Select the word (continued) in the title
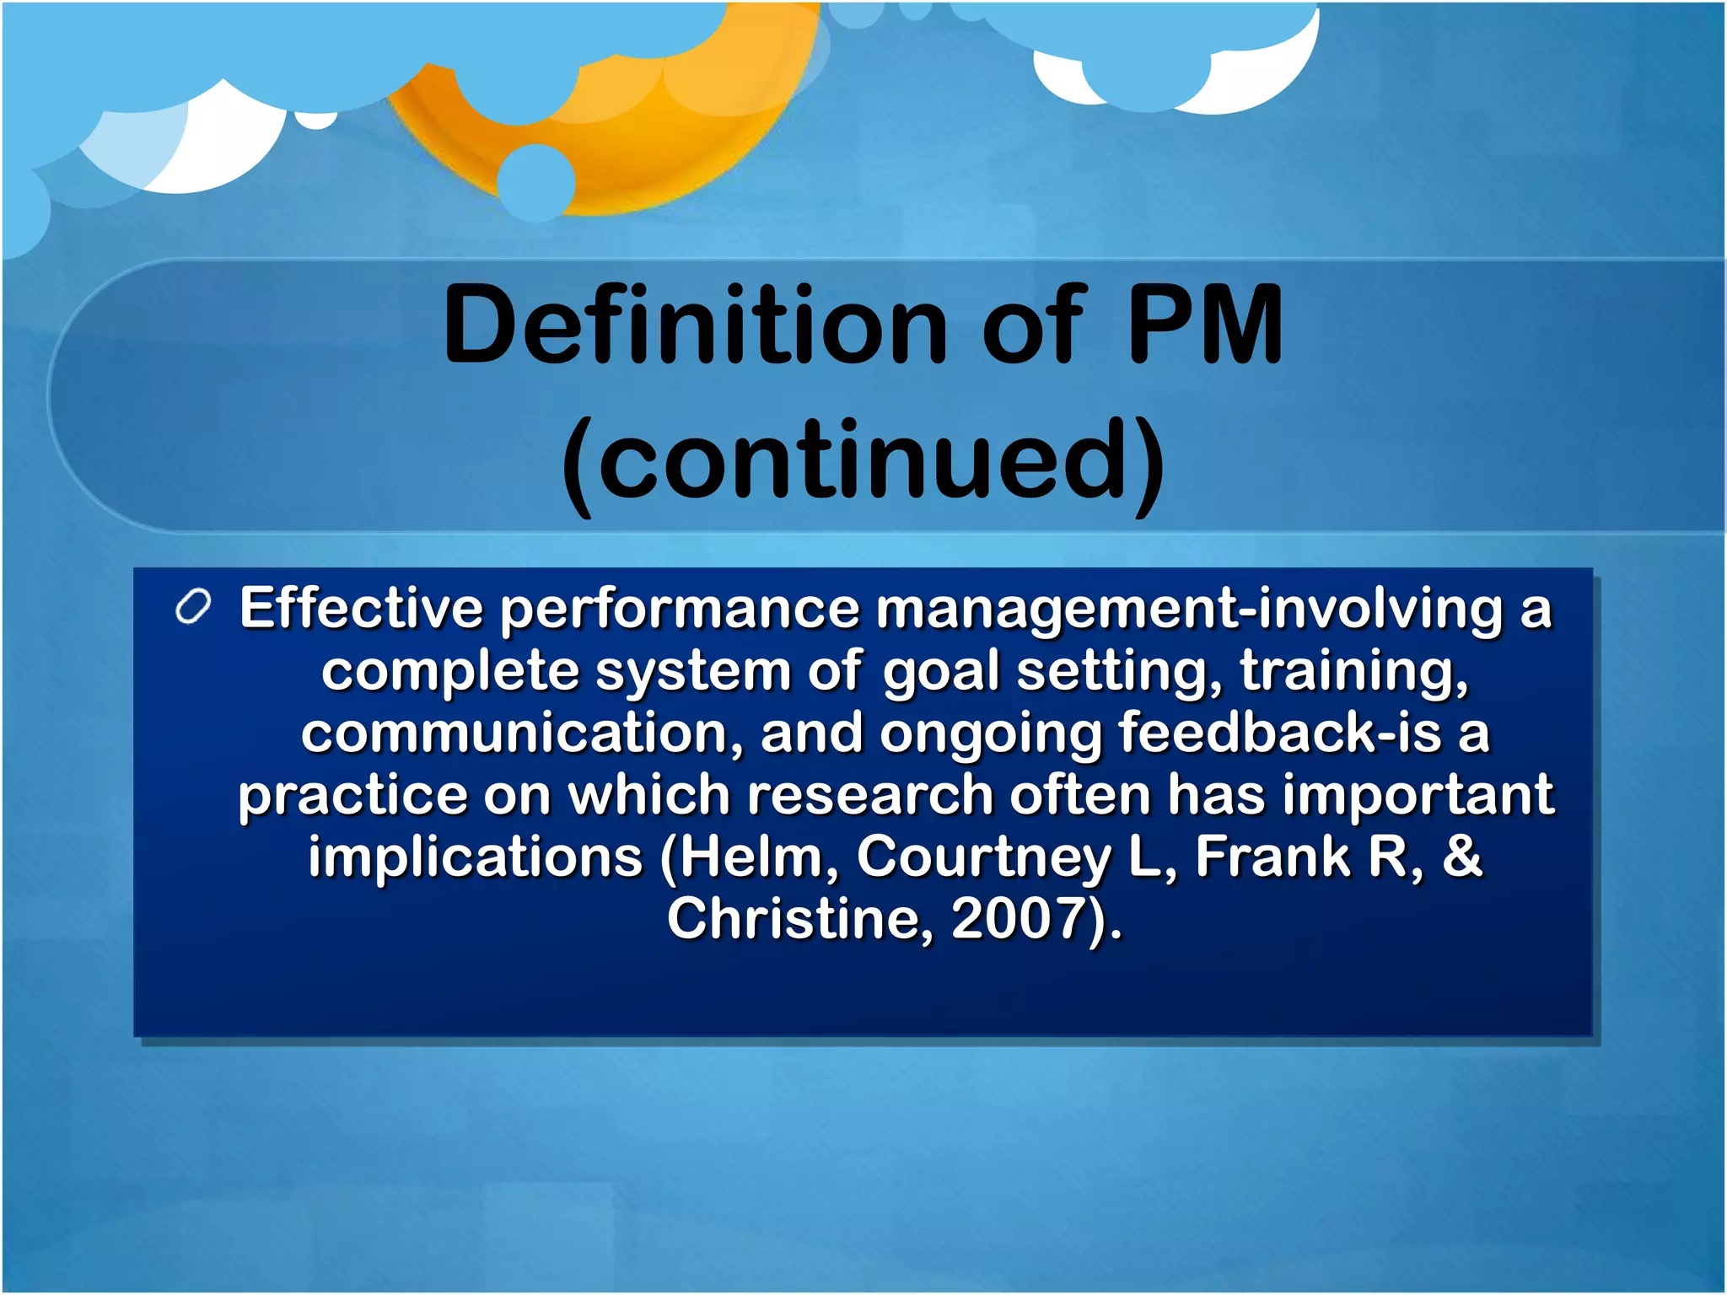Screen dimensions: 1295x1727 point(863,462)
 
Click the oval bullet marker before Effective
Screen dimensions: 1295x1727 point(193,608)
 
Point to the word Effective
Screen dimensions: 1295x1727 point(361,608)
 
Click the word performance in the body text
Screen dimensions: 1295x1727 point(680,610)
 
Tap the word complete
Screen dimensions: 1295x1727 point(450,672)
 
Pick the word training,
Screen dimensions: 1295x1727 point(1354,670)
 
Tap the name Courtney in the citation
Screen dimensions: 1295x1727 point(983,857)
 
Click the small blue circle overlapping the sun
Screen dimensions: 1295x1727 point(536,182)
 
